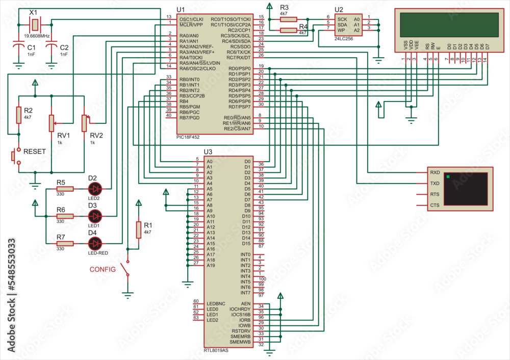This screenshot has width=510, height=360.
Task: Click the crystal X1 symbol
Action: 34,24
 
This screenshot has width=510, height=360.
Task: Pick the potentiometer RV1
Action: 51,123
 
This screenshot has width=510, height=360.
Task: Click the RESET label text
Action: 35,151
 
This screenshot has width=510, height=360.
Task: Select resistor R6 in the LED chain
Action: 65,216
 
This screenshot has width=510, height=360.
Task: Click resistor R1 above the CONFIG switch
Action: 138,230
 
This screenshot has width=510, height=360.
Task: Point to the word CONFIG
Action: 103,269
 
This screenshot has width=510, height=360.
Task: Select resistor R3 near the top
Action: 289,19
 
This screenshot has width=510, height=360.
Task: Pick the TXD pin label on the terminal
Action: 435,183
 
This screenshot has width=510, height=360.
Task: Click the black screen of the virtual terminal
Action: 465,188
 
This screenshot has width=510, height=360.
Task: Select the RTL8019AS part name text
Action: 216,350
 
